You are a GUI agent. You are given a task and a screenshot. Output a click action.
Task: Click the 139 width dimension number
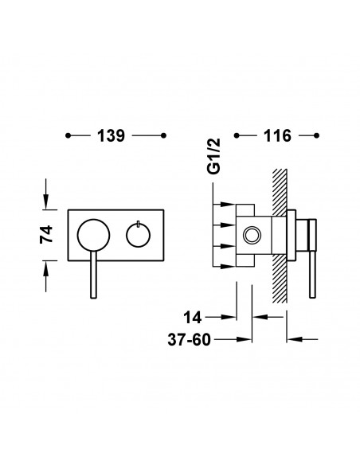pyautogui.click(x=111, y=136)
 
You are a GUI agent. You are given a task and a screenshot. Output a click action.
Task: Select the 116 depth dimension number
pyautogui.click(x=277, y=136)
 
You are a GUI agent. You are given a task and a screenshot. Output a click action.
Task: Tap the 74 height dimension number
pyautogui.click(x=46, y=235)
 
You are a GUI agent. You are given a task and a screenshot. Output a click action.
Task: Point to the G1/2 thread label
pyautogui.click(x=213, y=156)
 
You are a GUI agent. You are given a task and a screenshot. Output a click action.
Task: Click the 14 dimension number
pyautogui.click(x=193, y=318)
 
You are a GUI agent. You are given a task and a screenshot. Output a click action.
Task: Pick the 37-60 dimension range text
pyautogui.click(x=190, y=339)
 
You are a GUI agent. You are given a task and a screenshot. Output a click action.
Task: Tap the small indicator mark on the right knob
pyautogui.click(x=139, y=225)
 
